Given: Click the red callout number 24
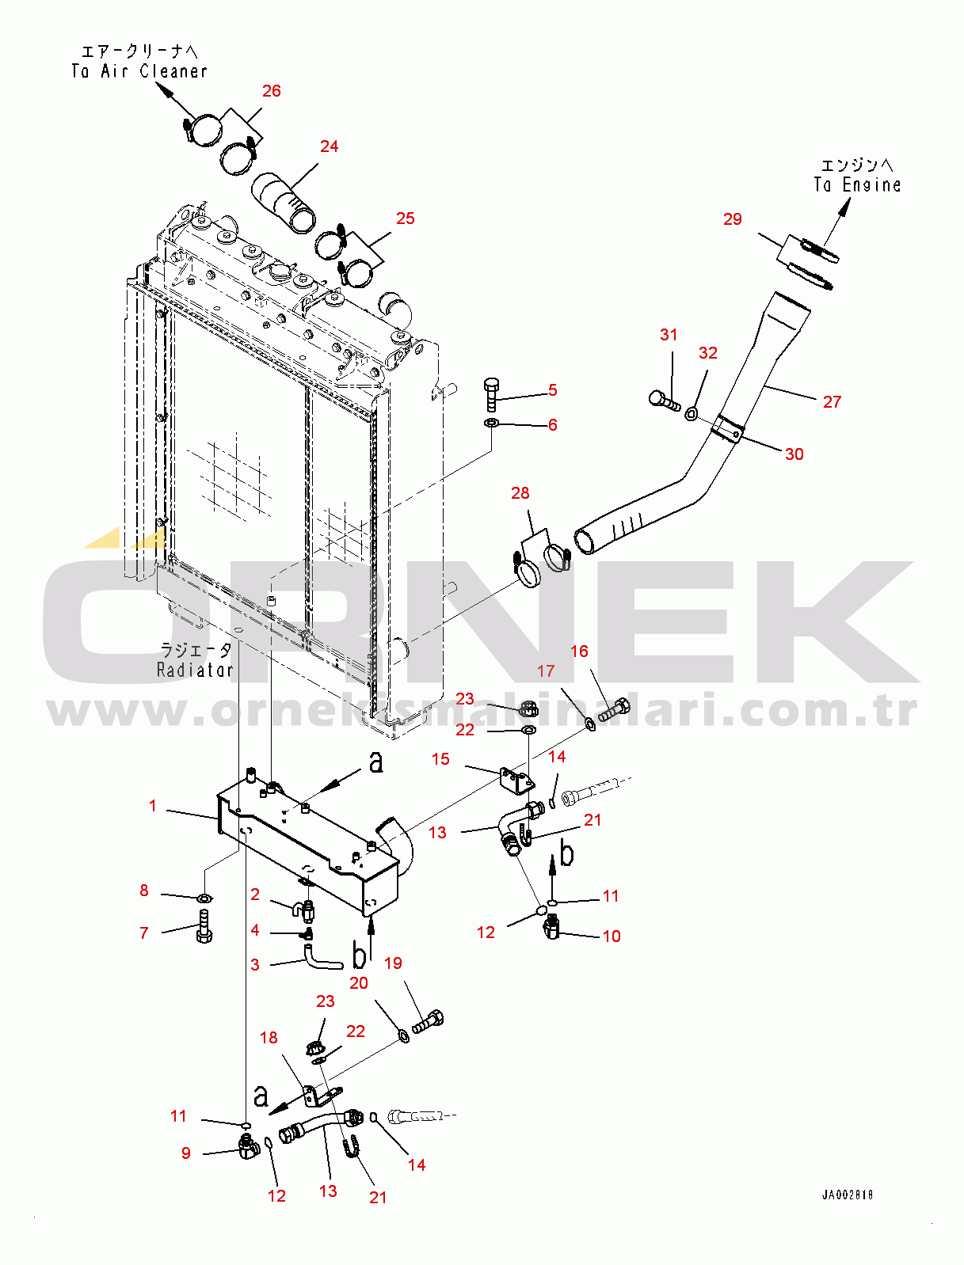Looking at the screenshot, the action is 329,146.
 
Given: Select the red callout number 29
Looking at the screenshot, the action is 732,219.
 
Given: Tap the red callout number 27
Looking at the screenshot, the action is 832,401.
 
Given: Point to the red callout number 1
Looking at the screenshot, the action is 152,806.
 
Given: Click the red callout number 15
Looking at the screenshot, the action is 440,759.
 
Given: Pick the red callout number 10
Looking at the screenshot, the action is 612,936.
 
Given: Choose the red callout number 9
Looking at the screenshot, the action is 185,1153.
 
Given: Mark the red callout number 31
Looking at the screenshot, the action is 669,334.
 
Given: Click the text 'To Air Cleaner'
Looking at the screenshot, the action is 139,71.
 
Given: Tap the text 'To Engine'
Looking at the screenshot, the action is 857,184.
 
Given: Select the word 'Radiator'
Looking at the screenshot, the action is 195,670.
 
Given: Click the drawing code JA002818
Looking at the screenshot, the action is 847,1195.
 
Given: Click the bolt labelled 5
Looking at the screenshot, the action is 492,395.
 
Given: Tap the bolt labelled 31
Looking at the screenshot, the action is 664,400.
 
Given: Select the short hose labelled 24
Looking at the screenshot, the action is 284,203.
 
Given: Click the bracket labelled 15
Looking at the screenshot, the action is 516,780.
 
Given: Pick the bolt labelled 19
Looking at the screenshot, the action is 428,1025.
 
